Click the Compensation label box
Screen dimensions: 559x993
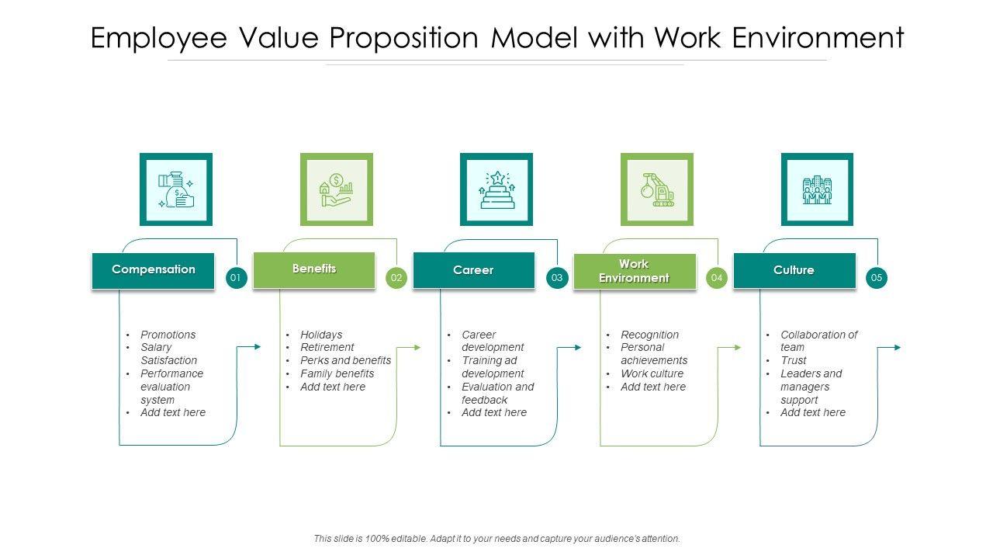[153, 270]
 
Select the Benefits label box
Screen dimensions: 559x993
[314, 269]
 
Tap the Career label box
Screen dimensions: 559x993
[473, 270]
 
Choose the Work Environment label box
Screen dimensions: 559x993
[634, 271]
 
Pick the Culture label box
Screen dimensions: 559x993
[794, 270]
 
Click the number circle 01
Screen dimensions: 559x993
[237, 278]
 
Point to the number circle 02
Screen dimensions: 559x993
[396, 278]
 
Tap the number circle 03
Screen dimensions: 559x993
[557, 278]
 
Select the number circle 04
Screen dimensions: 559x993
[717, 278]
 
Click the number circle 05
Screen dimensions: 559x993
[877, 278]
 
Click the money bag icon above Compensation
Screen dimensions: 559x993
[176, 189]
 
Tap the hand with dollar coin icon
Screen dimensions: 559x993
[337, 189]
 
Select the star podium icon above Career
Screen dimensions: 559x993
[496, 189]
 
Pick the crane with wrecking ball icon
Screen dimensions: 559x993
[657, 189]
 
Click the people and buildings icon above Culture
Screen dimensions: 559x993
[817, 189]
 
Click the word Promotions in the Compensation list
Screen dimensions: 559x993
[168, 335]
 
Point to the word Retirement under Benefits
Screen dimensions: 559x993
[327, 348]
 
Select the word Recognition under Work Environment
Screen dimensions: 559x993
[649, 335]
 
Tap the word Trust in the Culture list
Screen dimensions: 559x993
[794, 361]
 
